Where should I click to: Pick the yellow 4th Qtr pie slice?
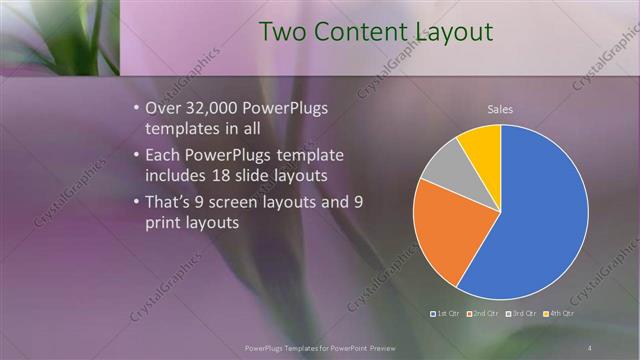point(481,144)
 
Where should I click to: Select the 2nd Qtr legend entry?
point(485,313)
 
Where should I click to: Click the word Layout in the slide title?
point(447,31)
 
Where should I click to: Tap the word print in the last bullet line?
point(164,223)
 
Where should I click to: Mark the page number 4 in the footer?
point(590,346)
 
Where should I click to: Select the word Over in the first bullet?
point(163,108)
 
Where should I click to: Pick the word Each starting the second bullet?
point(163,157)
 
